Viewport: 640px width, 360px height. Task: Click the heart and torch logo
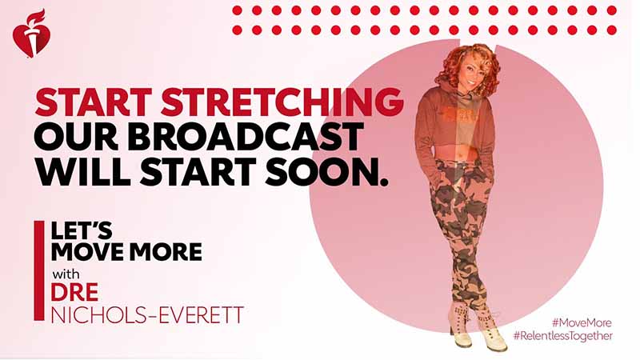[x=30, y=34]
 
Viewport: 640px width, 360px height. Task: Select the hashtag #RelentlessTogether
[x=563, y=336]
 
